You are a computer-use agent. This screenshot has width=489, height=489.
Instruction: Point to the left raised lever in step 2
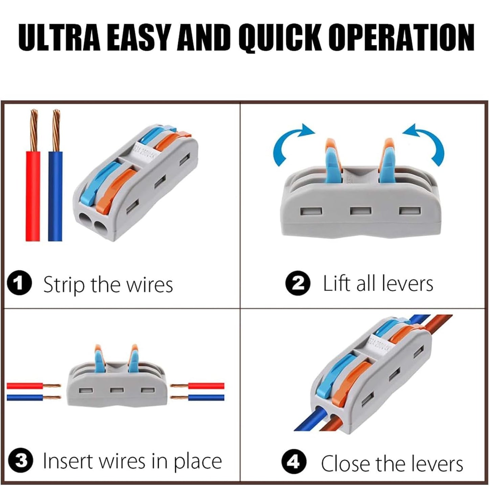[x=333, y=161]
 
